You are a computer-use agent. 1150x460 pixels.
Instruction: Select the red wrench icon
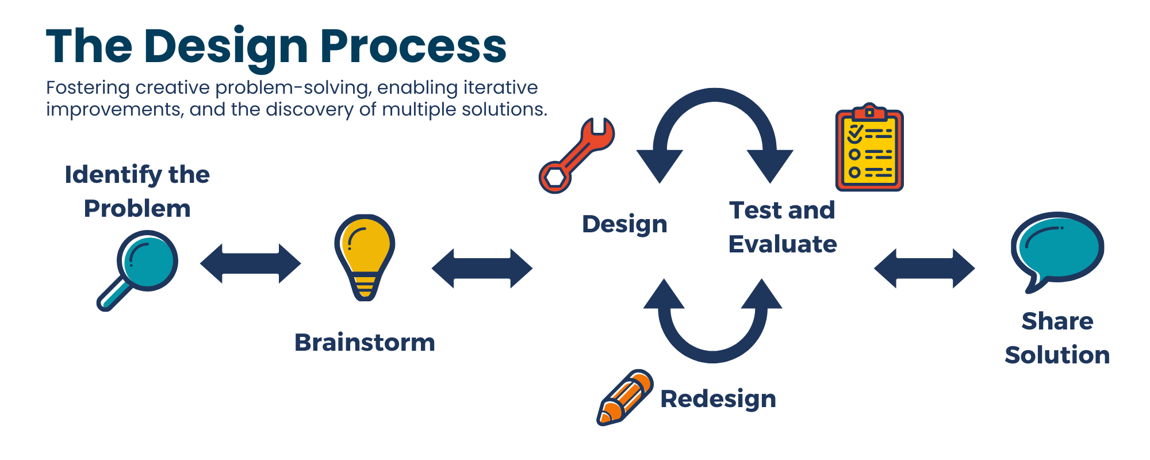tap(576, 155)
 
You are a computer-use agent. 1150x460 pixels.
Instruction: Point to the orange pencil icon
tap(624, 397)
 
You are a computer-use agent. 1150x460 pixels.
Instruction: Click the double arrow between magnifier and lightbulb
tap(250, 264)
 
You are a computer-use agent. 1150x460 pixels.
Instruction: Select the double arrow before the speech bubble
tap(925, 269)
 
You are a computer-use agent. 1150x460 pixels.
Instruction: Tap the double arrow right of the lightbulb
tap(482, 269)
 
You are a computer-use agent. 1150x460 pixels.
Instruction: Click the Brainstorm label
tap(365, 342)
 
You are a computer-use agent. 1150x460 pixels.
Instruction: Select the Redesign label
tap(718, 399)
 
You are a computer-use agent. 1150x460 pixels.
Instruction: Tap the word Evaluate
tap(783, 244)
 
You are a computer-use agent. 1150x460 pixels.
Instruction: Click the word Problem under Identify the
tap(137, 208)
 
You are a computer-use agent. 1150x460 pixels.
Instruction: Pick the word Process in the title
tap(413, 46)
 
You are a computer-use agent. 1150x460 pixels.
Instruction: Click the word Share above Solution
tap(1057, 321)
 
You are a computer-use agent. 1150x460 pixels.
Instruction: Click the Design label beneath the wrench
tap(624, 225)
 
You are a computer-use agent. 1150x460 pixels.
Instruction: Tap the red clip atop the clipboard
tap(869, 110)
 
